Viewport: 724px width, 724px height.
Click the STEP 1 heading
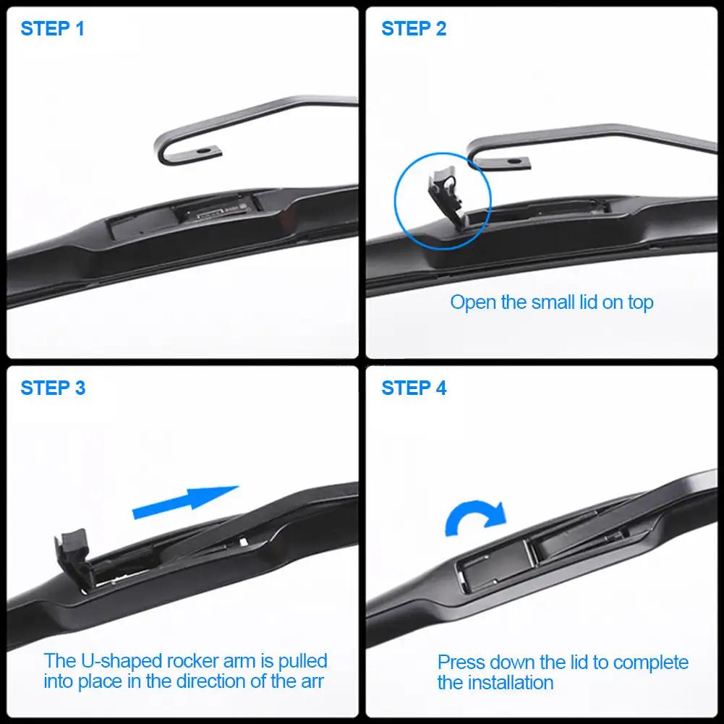(x=53, y=29)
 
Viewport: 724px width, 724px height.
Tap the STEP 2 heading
(x=414, y=29)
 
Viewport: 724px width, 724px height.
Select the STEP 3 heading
(x=53, y=388)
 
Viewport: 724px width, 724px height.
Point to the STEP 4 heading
(x=414, y=388)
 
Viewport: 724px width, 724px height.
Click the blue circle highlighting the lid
(x=443, y=197)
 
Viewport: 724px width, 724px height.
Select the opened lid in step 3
(x=72, y=553)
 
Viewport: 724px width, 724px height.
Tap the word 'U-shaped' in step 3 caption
(x=122, y=661)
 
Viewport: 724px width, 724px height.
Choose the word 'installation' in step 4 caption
(x=511, y=682)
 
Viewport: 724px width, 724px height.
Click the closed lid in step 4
(x=492, y=568)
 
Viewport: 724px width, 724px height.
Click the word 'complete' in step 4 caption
(x=647, y=663)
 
